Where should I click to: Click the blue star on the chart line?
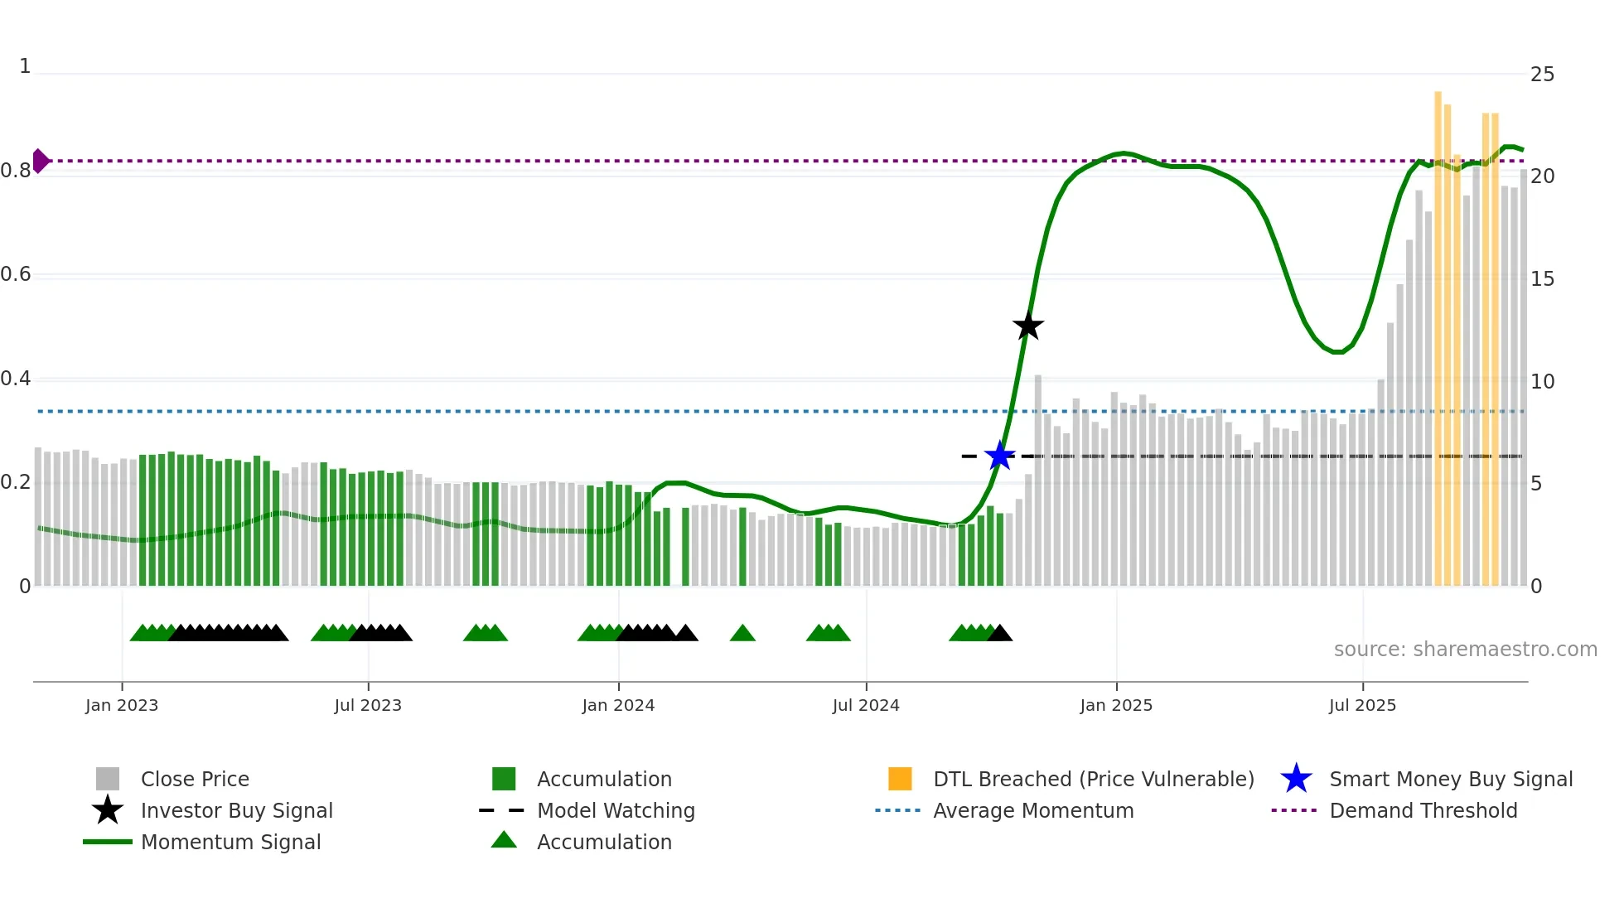coord(999,456)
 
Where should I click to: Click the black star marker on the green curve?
coord(1027,326)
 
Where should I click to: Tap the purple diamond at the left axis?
coord(40,161)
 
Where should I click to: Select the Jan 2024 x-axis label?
coord(618,705)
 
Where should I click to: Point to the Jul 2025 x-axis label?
coord(1362,705)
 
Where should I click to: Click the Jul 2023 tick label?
coord(368,705)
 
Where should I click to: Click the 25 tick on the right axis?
coord(1542,75)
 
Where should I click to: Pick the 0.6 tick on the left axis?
coord(17,274)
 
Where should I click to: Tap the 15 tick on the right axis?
coord(1542,279)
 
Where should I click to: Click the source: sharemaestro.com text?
coord(1465,650)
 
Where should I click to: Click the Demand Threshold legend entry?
coord(1423,810)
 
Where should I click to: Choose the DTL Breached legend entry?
coord(1093,779)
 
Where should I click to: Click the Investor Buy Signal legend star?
coord(108,810)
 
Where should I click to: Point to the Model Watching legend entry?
coord(615,810)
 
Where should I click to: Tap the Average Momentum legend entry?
coord(1032,810)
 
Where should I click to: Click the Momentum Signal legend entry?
coord(230,842)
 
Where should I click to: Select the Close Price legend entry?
coord(194,779)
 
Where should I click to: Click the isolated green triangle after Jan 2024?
coord(742,634)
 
